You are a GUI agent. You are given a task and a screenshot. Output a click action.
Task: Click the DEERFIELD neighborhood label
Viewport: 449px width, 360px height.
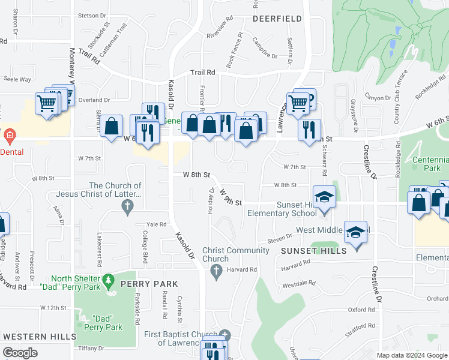coord(277,19)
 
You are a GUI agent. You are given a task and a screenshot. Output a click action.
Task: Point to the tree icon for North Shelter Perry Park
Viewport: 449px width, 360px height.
coord(108,280)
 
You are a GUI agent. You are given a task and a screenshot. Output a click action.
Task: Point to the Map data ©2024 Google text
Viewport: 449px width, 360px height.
coord(412,355)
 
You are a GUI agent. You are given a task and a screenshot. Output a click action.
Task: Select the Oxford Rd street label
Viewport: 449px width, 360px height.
coord(361,310)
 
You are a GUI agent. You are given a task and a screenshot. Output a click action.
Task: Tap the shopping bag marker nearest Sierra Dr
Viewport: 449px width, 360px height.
coord(111,126)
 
